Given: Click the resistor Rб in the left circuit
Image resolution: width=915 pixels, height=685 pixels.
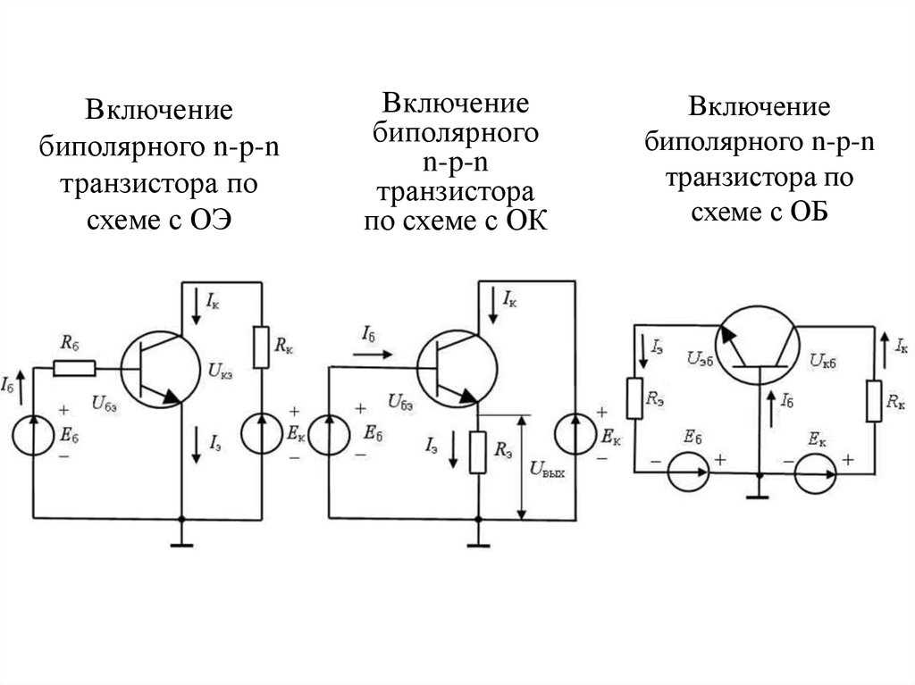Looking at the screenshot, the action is tap(74, 368).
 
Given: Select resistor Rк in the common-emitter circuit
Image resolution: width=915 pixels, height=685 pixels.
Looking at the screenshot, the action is tap(261, 347).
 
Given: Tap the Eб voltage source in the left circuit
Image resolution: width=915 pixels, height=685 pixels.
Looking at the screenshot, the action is tap(33, 433).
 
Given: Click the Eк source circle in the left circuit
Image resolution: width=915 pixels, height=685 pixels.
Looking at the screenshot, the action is tap(262, 433).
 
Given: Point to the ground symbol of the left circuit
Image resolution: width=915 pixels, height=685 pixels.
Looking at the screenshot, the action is tap(181, 545).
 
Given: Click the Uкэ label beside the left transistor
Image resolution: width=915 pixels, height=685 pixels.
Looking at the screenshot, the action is tap(221, 371).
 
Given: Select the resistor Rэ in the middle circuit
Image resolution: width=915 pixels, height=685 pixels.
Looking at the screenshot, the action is tap(478, 452).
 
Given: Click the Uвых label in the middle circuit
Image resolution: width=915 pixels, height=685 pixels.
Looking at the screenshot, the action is tap(547, 470).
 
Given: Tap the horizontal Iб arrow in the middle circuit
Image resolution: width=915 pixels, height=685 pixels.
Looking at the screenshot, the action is tap(373, 354).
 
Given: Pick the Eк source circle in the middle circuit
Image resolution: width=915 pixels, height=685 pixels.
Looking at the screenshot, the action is tap(575, 433).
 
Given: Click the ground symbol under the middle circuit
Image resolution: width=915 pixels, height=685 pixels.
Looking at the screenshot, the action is tap(478, 546).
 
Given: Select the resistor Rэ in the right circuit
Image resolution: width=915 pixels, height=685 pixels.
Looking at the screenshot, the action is tap(634, 398).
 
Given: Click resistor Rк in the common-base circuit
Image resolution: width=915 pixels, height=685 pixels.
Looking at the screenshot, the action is tap(874, 400).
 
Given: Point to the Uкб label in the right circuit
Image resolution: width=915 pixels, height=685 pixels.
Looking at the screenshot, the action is tap(823, 361).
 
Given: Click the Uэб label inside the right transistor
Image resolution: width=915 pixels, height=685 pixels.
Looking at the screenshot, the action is tap(701, 358).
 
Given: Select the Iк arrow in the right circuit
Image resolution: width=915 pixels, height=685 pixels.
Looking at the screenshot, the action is tap(885, 350).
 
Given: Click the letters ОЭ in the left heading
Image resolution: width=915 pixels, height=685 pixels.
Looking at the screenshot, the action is tap(211, 220).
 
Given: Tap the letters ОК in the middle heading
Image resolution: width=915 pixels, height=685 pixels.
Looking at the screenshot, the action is tap(526, 221).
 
